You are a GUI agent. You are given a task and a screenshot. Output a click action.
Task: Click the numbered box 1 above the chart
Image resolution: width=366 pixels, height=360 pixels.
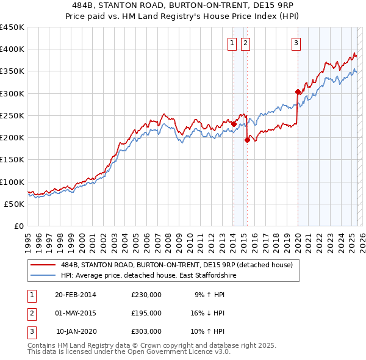(x=232, y=43)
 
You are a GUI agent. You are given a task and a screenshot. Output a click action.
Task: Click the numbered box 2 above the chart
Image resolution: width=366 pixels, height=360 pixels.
(x=245, y=43)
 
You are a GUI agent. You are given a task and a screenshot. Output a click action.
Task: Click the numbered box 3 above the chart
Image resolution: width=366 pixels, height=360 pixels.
(x=296, y=43)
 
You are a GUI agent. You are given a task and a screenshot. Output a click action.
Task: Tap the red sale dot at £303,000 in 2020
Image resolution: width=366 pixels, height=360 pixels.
(x=298, y=92)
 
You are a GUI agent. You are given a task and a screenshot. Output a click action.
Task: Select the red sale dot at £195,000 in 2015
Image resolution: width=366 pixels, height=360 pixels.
(x=247, y=140)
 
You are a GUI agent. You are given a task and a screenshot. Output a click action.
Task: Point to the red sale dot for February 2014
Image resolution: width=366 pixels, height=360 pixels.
(x=234, y=124)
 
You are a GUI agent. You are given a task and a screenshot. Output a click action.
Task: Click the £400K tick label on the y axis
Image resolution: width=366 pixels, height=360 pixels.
(x=12, y=49)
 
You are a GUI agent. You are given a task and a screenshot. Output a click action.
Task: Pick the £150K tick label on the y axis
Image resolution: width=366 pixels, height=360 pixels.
(x=12, y=159)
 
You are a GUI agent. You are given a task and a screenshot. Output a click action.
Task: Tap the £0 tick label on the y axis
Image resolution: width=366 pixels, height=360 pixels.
(x=19, y=226)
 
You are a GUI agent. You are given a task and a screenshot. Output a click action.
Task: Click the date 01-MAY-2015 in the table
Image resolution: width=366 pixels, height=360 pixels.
(x=76, y=313)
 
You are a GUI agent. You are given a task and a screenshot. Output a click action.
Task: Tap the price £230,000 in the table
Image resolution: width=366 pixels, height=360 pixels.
(x=146, y=295)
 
